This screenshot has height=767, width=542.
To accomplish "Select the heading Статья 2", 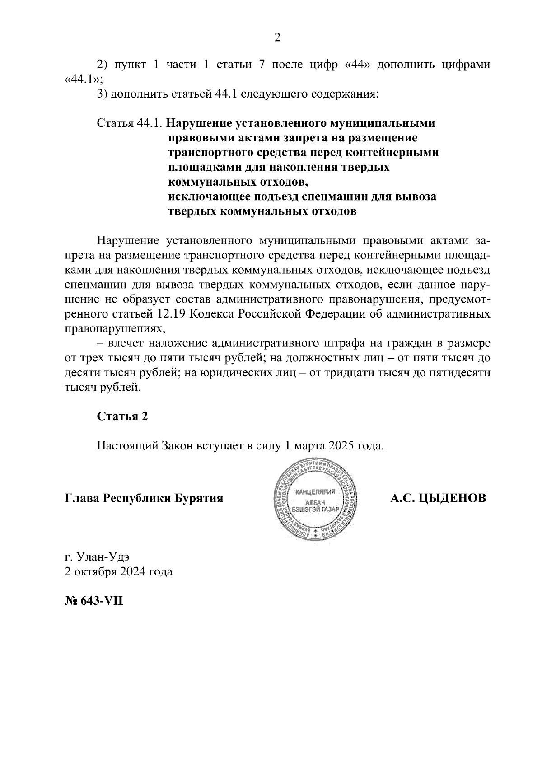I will pyautogui.click(x=122, y=416).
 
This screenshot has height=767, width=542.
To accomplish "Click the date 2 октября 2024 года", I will pyautogui.click(x=118, y=571).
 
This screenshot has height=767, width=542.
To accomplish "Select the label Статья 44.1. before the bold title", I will pyautogui.click(x=130, y=123).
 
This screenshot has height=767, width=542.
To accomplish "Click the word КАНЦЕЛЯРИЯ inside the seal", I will pyautogui.click(x=314, y=492).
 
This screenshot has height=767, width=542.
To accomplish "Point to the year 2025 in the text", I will pyautogui.click(x=343, y=446).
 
